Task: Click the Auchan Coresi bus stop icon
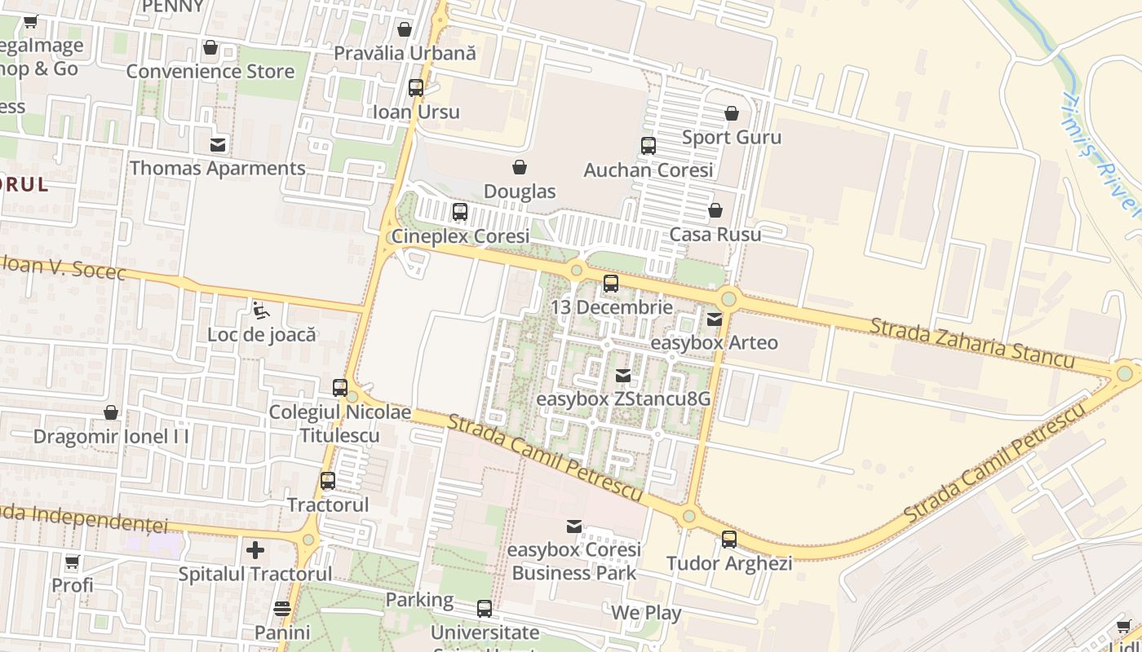648,147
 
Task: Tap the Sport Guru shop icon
732,113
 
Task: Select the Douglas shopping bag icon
519,168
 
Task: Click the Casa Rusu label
715,235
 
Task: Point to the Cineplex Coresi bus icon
460,212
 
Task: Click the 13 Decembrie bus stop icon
611,284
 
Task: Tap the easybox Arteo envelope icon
715,319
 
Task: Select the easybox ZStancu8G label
623,400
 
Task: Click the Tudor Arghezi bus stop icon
728,540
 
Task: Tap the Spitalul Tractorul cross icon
255,550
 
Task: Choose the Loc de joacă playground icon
261,311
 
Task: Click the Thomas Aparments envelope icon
218,145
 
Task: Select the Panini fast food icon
282,609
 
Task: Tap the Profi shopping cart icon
72,562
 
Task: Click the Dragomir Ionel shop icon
111,413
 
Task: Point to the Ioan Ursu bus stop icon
416,88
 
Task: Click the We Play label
646,614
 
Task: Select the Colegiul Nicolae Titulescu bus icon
340,388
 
